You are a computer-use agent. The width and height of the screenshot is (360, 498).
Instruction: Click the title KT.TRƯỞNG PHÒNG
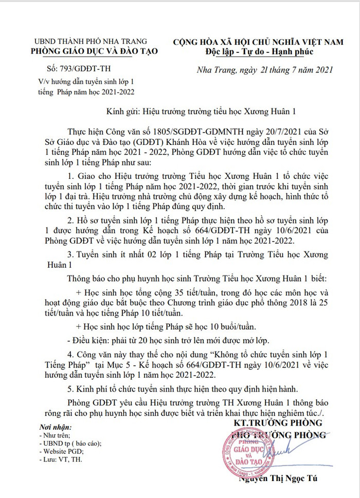(x=277, y=423)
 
